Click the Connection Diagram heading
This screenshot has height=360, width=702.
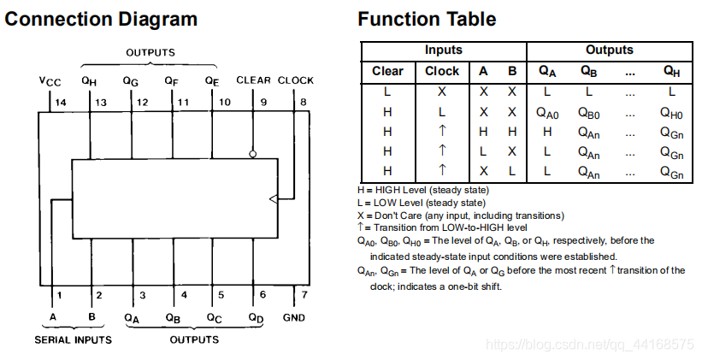pyautogui.click(x=102, y=19)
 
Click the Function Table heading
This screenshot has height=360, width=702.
pyautogui.click(x=427, y=19)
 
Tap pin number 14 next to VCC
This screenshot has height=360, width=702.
pyautogui.click(x=60, y=103)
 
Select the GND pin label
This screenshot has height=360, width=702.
pyautogui.click(x=292, y=317)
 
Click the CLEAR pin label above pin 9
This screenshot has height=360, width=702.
pyautogui.click(x=253, y=80)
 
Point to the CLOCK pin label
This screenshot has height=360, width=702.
pyautogui.click(x=296, y=80)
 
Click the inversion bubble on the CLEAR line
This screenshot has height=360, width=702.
pyautogui.click(x=253, y=155)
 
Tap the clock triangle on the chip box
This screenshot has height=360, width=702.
pyautogui.click(x=273, y=198)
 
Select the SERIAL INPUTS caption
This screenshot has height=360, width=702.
pyautogui.click(x=74, y=339)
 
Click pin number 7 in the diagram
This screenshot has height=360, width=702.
pyautogui.click(x=304, y=296)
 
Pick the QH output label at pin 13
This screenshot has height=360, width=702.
pyautogui.click(x=89, y=80)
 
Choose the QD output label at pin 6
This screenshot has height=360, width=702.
pyautogui.click(x=256, y=317)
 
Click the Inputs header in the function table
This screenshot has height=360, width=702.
pyautogui.click(x=444, y=50)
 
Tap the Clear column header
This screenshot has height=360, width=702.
pyautogui.click(x=387, y=71)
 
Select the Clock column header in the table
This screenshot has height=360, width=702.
pyautogui.click(x=442, y=71)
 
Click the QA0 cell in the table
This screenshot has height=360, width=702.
pyautogui.click(x=547, y=112)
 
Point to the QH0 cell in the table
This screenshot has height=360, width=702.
pyautogui.click(x=671, y=112)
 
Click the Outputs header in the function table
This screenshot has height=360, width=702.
pyautogui.click(x=609, y=50)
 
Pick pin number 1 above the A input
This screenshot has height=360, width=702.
pyautogui.click(x=59, y=296)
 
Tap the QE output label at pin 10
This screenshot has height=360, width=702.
pyautogui.click(x=213, y=80)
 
